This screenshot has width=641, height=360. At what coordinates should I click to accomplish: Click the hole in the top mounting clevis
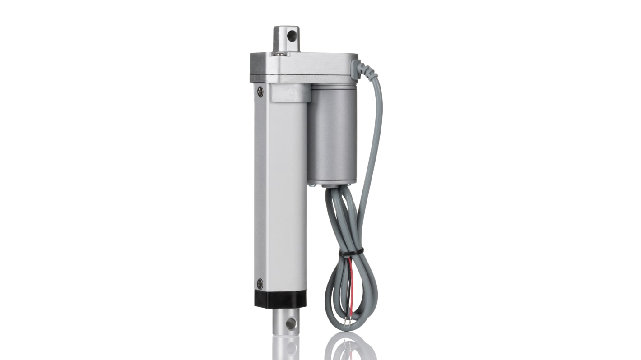(x=292, y=35)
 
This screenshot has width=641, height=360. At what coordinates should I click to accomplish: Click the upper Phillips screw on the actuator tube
(x=260, y=92)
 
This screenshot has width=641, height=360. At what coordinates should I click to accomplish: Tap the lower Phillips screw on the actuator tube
(x=260, y=284)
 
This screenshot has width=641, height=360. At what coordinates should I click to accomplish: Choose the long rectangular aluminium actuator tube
(x=280, y=189)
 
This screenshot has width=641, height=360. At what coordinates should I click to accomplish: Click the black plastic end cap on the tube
(x=280, y=299)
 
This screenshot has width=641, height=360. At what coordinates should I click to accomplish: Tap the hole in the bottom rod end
(x=290, y=323)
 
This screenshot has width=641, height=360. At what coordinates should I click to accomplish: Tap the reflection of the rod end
(x=286, y=348)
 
